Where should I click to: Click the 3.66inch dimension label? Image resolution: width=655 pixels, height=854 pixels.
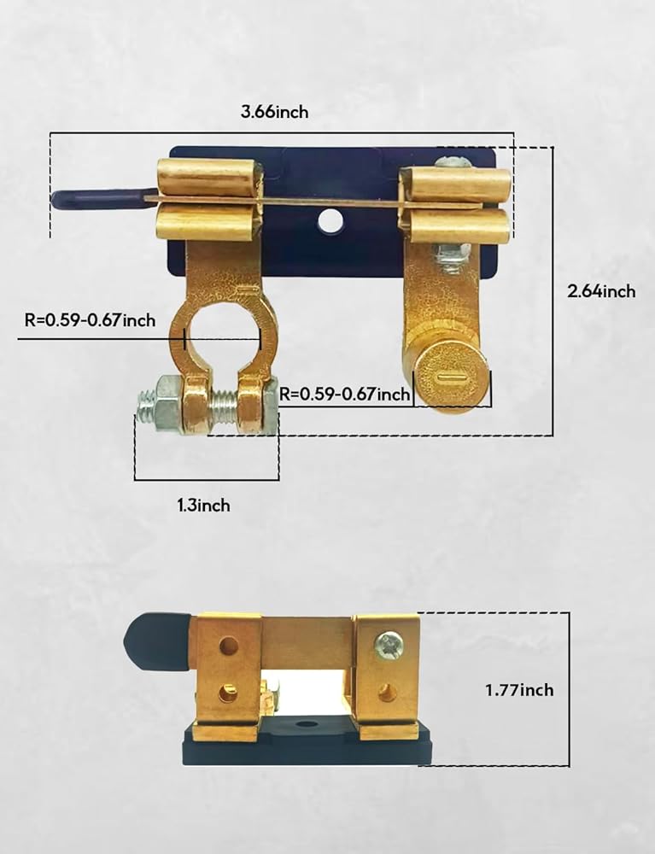274,112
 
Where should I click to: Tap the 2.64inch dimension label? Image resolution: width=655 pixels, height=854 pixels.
602,291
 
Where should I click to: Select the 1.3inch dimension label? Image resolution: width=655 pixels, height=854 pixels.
203,506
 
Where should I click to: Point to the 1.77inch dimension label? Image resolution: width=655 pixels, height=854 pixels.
519,689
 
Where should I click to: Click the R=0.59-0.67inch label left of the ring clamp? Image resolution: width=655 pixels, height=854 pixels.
90,319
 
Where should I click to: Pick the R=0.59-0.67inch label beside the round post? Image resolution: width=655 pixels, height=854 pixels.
345,393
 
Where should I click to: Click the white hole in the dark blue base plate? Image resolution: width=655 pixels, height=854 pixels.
327,221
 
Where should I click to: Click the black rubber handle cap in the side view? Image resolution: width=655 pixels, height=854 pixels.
158,641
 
